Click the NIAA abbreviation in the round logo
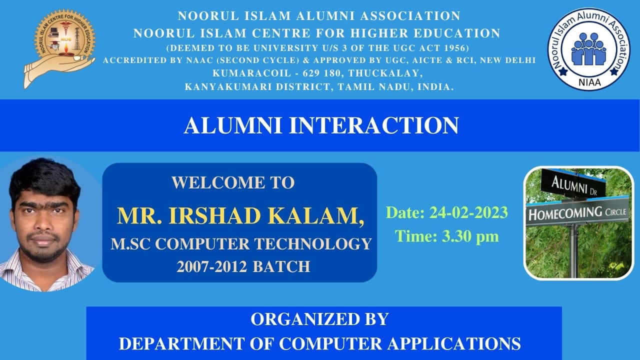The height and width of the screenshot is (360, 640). [x=589, y=82]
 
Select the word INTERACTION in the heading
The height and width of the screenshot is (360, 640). [x=374, y=125]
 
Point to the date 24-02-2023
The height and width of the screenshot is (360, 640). [x=468, y=212]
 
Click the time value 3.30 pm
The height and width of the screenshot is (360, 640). [x=470, y=236]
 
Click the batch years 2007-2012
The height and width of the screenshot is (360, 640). [x=211, y=266]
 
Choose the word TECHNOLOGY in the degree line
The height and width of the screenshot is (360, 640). [x=313, y=244]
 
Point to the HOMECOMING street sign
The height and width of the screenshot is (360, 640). [x=577, y=213]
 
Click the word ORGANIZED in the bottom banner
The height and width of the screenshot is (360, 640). [x=298, y=319]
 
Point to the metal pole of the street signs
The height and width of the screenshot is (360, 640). [x=573, y=251]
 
